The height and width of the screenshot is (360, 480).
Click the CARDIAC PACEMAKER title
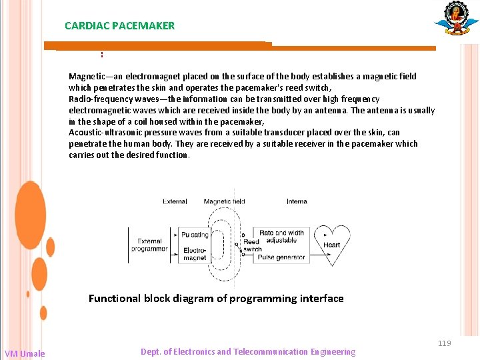(119, 26)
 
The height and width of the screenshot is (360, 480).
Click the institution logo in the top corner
(457, 18)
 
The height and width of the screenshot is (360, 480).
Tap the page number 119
(445, 343)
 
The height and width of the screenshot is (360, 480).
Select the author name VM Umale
(25, 353)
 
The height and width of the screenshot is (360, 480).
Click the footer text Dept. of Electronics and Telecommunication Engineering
(248, 352)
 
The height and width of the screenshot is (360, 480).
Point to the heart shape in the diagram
(331, 245)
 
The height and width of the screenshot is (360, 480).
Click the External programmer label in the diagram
(149, 245)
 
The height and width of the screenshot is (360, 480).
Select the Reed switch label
(252, 245)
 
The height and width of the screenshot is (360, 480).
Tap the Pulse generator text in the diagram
(281, 257)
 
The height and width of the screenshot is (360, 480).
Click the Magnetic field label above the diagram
(224, 201)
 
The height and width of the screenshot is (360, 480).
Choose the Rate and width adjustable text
(281, 237)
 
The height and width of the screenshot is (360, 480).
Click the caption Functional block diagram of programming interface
(216, 299)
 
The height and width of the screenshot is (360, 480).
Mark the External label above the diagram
(175, 201)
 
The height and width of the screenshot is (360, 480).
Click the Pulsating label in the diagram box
(195, 235)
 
